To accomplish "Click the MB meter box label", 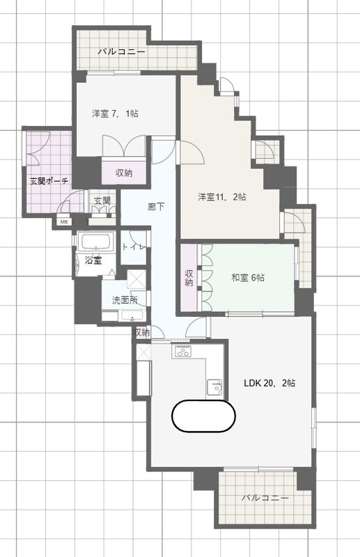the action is point(63,222).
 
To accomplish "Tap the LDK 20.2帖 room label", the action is point(269,383).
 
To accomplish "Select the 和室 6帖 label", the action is point(248,277).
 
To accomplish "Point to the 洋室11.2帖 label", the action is point(222,196).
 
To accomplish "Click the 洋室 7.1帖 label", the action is point(115,113).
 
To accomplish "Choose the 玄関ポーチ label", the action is point(49,181).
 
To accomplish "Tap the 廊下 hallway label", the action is point(156,206).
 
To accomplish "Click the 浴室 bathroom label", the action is point(93,260).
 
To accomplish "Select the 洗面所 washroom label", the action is point(125,300).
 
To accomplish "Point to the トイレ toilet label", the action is point(134,247).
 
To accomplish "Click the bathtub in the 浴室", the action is point(97,242).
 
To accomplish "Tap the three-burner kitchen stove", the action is point(182,352).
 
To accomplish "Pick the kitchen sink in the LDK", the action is point(215,387).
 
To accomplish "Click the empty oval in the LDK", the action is point(203,416).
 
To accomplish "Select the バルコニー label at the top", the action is point(122,52).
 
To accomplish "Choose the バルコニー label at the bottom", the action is point(265,498).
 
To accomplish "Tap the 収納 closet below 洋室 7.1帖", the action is point(124,173).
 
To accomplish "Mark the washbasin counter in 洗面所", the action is point(123,315).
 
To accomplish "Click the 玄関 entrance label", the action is point(102,201).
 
